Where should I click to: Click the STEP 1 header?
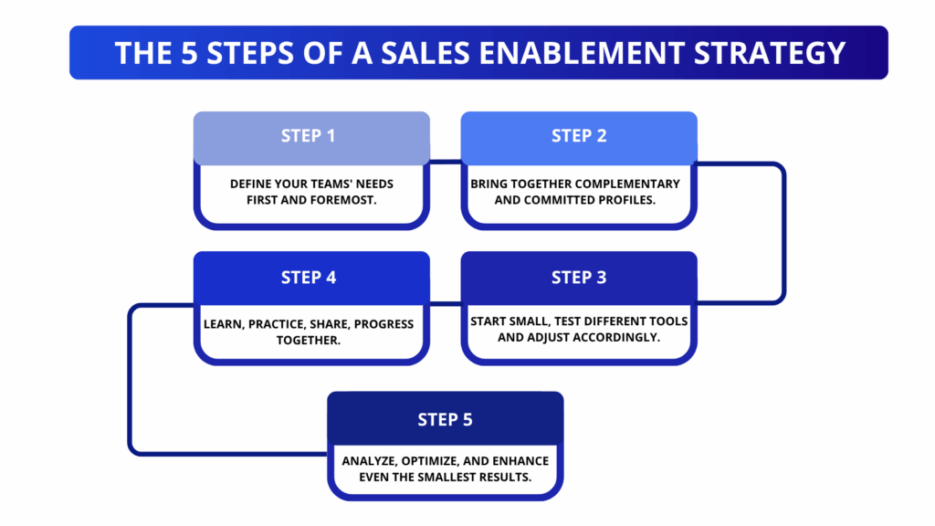click(x=309, y=136)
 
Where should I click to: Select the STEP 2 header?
click(x=579, y=136)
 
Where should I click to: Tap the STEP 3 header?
click(x=579, y=278)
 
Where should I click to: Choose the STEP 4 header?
click(x=309, y=278)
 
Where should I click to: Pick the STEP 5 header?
click(x=446, y=419)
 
